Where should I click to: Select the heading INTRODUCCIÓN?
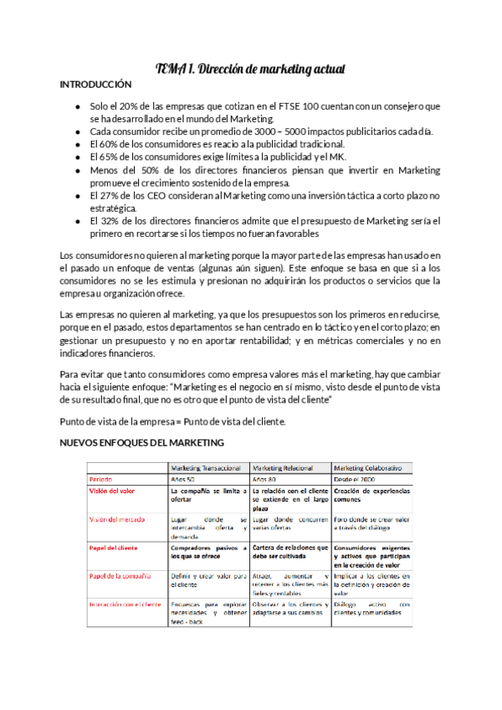(96, 85)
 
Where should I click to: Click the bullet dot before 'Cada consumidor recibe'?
(78, 131)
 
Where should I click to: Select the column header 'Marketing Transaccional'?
(207, 466)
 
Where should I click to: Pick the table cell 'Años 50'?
(184, 479)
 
